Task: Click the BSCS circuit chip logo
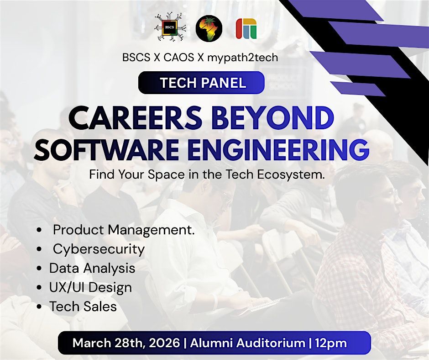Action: [x=170, y=27]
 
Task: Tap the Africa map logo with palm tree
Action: [x=209, y=28]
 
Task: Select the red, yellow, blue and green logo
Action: [x=246, y=28]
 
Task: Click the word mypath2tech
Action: [x=242, y=58]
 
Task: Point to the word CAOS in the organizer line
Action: [x=178, y=58]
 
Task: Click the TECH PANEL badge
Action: [x=201, y=83]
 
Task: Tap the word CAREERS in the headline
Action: [x=135, y=118]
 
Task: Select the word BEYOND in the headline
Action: [x=272, y=118]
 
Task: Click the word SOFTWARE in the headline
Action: [x=107, y=150]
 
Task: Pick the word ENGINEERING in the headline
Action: [x=278, y=150]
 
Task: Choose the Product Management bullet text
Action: [x=124, y=230]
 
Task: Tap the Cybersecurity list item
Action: [x=99, y=249]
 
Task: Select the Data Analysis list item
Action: [x=92, y=268]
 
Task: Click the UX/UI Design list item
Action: [x=90, y=287]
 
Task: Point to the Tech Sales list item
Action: [x=83, y=306]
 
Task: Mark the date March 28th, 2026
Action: [x=126, y=343]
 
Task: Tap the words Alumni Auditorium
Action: [x=247, y=343]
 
